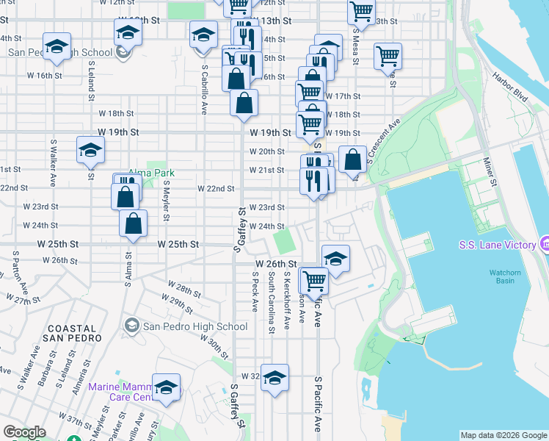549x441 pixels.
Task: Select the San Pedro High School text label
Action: (x=194, y=326)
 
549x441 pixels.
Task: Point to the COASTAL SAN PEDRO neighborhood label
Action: (x=72, y=334)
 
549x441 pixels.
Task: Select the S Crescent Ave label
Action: (x=382, y=140)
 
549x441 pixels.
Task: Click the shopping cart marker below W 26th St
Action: (x=314, y=279)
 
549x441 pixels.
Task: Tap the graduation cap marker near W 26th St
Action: (x=335, y=259)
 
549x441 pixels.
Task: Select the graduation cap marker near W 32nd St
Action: (x=274, y=378)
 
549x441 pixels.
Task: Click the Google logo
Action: (x=24, y=432)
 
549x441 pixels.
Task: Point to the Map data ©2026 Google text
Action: (x=503, y=435)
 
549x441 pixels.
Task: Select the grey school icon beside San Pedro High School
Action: (x=132, y=326)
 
